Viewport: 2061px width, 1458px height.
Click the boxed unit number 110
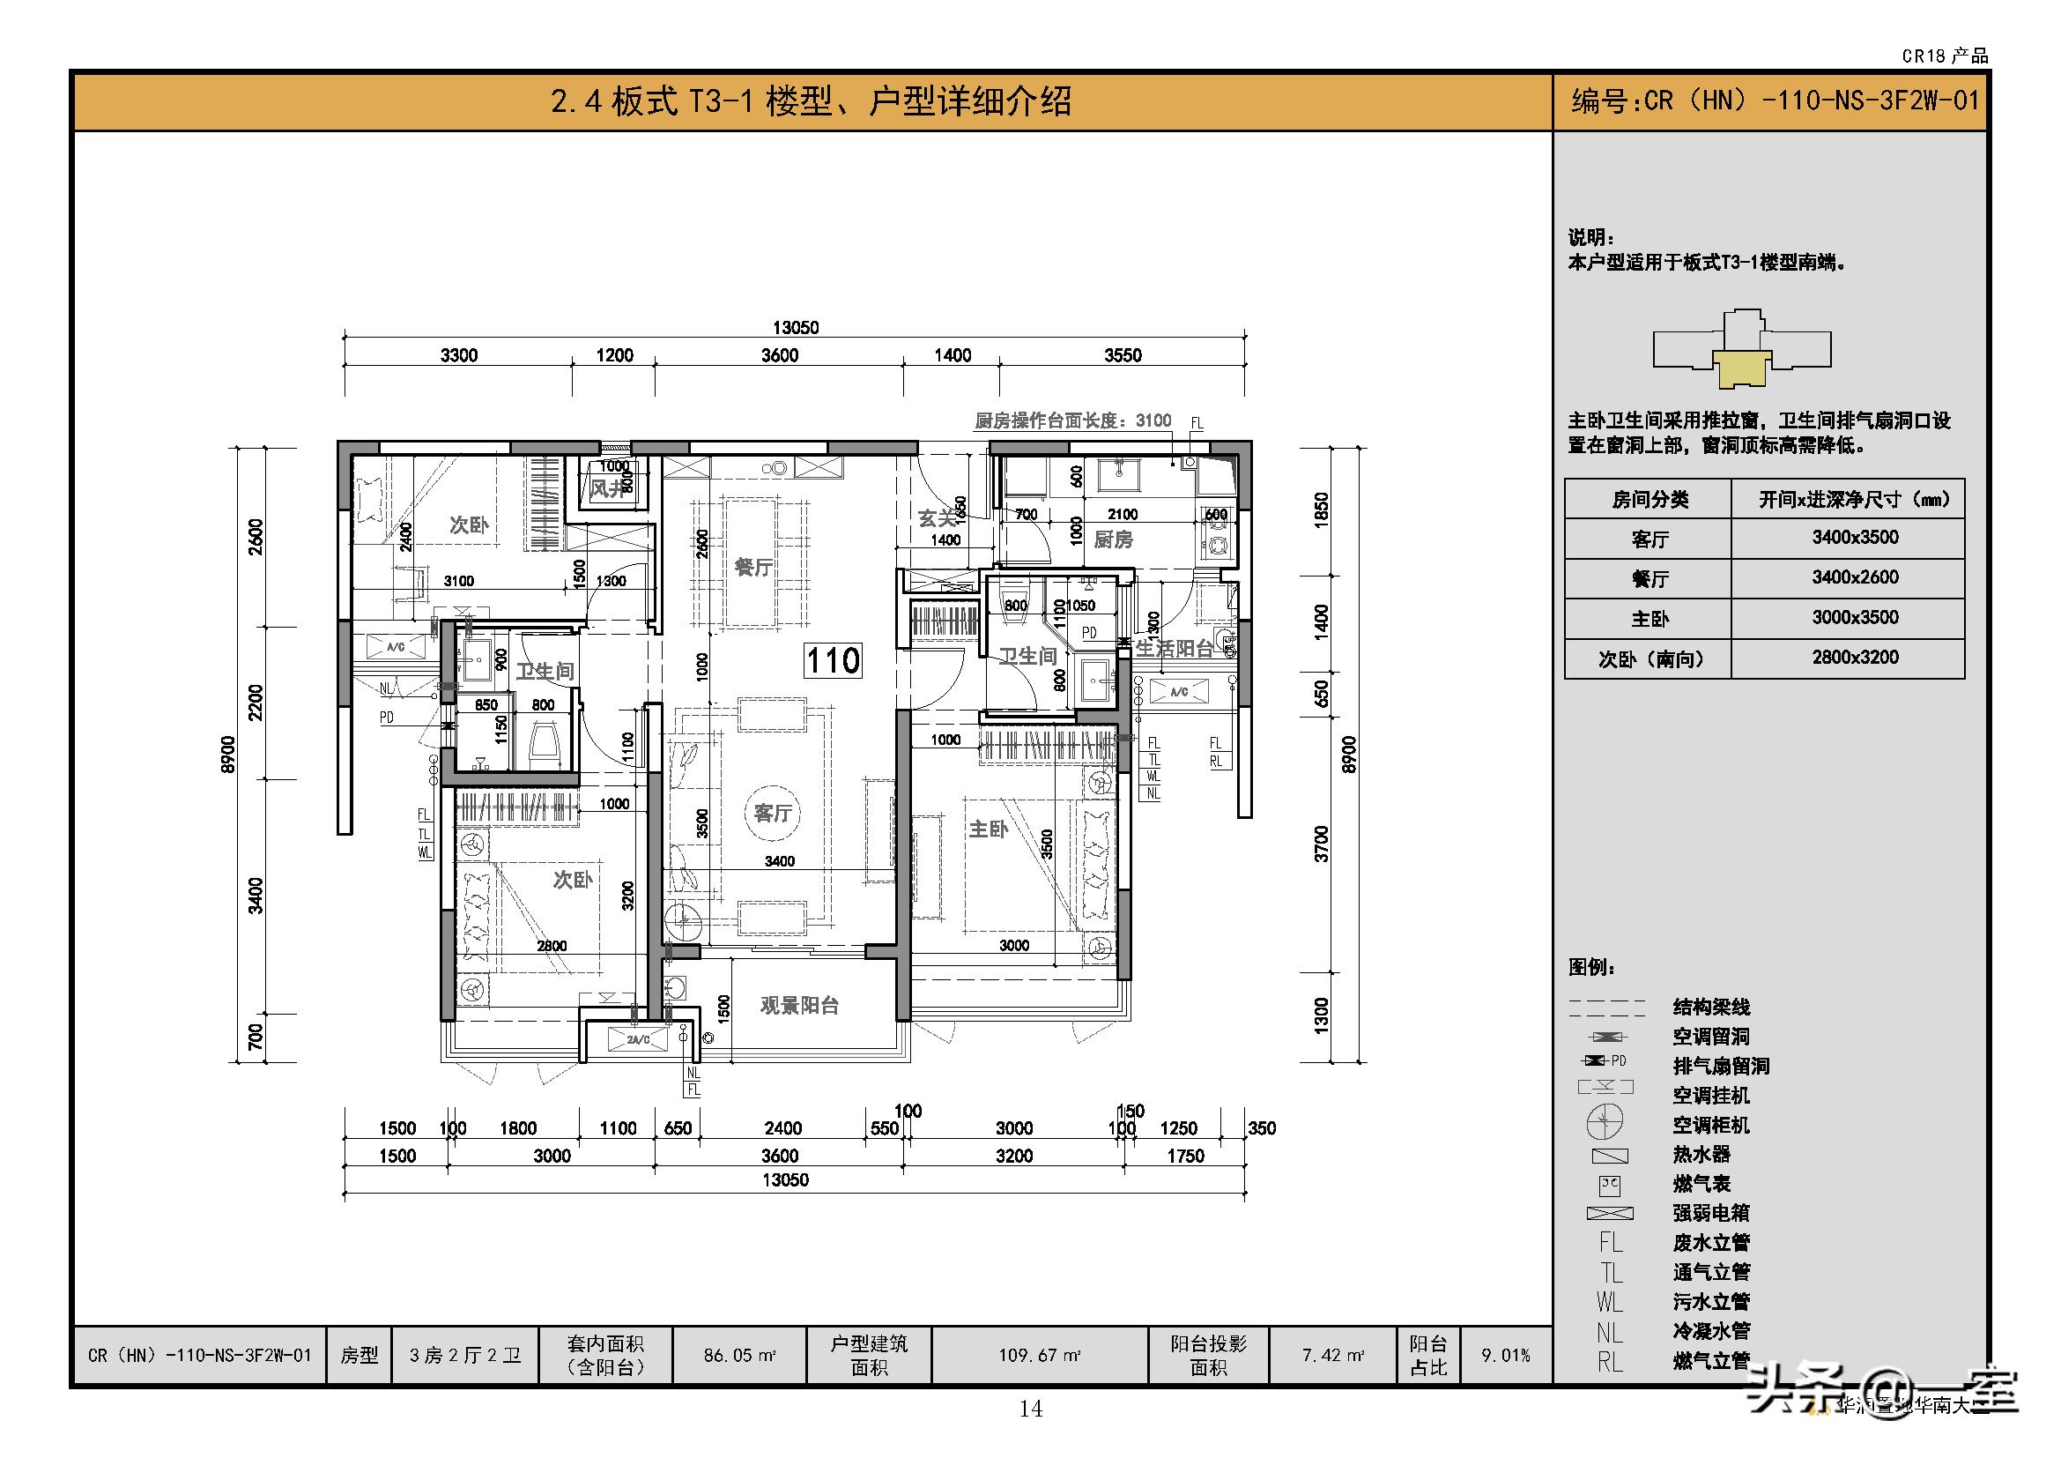click(x=833, y=661)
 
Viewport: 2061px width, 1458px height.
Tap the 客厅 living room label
click(x=772, y=814)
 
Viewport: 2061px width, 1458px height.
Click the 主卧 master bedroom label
click(x=989, y=829)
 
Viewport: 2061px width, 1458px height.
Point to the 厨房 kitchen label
click(x=1113, y=539)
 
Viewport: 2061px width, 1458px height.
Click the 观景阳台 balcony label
click(x=799, y=1006)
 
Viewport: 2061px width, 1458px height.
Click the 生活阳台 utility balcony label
click(x=1174, y=648)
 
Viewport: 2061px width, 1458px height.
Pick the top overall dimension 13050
click(x=796, y=328)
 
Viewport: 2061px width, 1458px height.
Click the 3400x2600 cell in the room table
click(x=1855, y=577)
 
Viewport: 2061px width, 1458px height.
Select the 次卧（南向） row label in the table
click(x=1650, y=659)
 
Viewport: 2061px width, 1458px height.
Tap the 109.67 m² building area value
click(x=1039, y=1355)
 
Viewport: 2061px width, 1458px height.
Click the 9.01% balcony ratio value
click(x=1504, y=1355)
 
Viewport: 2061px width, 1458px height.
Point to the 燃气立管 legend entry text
click(x=1711, y=1361)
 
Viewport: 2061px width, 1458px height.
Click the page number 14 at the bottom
click(x=1031, y=1410)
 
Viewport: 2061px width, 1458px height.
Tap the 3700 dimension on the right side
click(x=1322, y=844)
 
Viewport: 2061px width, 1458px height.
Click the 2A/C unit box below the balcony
click(x=638, y=1039)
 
